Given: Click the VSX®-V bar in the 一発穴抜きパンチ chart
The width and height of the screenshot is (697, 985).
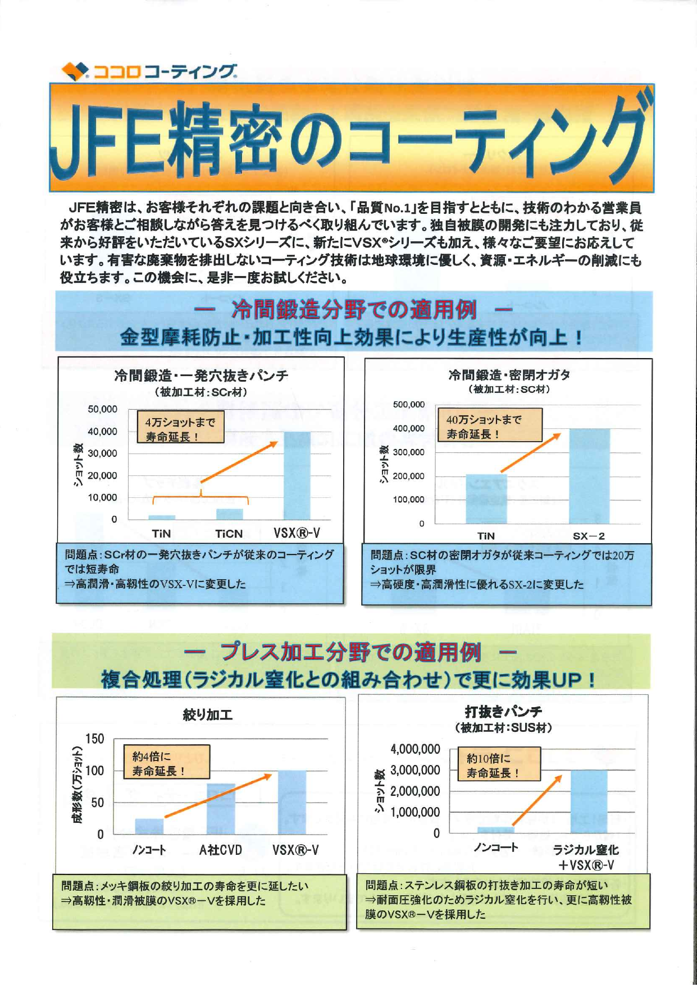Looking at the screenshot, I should [x=297, y=476].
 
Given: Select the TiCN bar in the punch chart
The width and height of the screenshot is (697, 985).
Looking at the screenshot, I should [x=229, y=514].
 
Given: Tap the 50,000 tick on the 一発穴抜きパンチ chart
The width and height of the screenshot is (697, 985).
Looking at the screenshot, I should [x=102, y=409].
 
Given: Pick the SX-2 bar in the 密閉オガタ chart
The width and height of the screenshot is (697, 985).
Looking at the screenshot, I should [x=589, y=476].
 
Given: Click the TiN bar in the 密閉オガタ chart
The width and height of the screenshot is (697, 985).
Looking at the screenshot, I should [x=486, y=499].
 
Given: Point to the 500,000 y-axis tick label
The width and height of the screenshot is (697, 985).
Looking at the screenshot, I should [x=408, y=405].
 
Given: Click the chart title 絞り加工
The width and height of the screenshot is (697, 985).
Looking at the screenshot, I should [x=207, y=714].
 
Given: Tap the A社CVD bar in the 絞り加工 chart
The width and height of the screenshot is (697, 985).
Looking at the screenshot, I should [x=221, y=809].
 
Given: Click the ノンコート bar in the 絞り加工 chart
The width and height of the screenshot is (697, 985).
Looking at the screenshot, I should [x=149, y=826].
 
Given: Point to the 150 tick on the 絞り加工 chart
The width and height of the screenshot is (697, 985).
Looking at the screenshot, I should [x=94, y=739].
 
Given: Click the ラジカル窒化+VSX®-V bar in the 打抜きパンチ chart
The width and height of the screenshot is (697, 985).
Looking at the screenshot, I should [x=589, y=801].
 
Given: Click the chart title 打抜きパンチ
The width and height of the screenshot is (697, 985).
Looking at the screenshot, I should [x=503, y=712].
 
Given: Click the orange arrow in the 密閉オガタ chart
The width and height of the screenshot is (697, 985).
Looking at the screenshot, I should [x=530, y=452].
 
